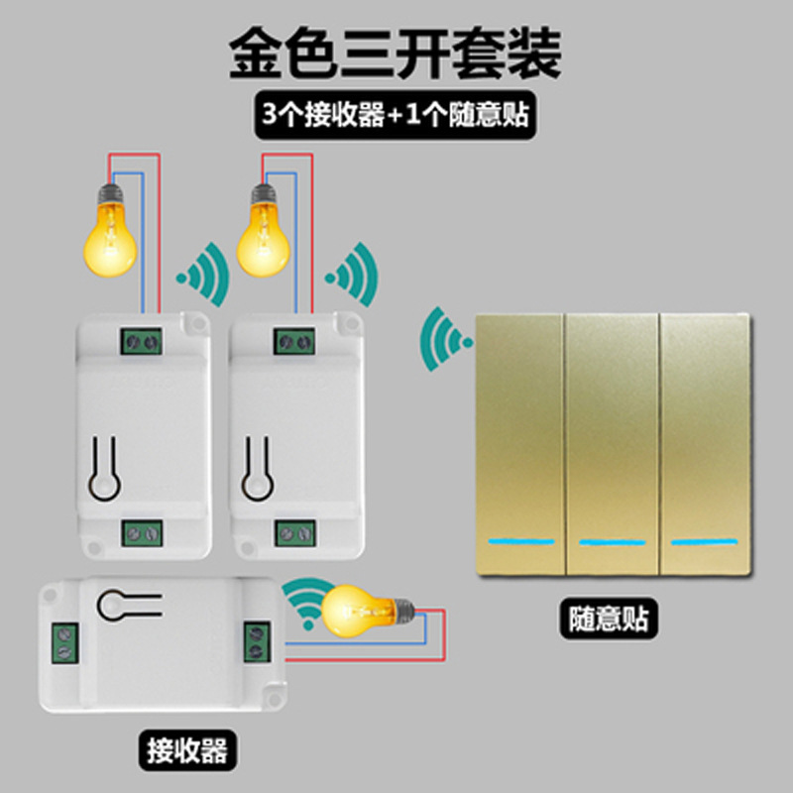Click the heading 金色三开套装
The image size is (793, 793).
click(395, 53)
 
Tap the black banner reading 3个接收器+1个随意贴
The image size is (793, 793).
click(395, 114)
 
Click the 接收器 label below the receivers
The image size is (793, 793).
click(187, 750)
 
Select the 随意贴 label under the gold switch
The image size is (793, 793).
click(609, 618)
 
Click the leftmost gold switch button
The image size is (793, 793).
click(519, 444)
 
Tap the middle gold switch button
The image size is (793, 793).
click(612, 444)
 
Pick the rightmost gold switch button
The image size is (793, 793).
click(705, 444)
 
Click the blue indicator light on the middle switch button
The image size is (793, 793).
click(612, 542)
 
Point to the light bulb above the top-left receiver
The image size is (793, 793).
click(110, 231)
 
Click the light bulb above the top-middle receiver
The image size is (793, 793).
click(264, 231)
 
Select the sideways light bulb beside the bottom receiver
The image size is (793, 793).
click(368, 611)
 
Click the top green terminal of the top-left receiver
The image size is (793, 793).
click(141, 341)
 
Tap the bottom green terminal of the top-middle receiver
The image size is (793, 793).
click(295, 533)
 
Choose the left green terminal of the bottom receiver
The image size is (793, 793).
click(64, 643)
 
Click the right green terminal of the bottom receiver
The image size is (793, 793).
click(257, 641)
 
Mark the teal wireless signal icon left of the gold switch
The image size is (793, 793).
click(445, 339)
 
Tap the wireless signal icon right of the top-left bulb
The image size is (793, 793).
click(204, 275)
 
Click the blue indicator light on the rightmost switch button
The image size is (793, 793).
click(705, 542)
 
